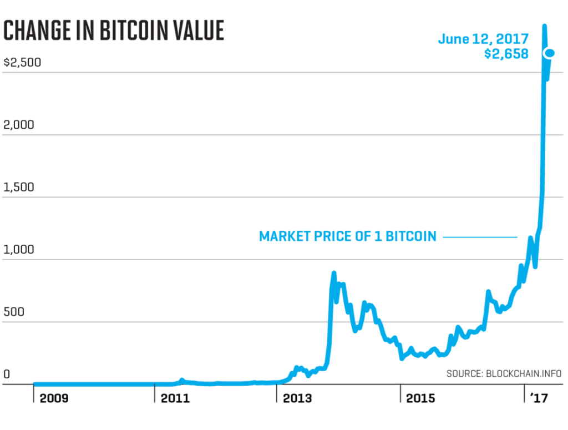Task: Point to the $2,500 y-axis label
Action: (x=22, y=62)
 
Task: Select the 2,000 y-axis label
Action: (x=19, y=125)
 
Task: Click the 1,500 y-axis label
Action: (x=19, y=187)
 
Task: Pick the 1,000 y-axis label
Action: (x=19, y=250)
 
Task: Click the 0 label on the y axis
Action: (x=7, y=374)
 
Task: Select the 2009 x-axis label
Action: (x=54, y=398)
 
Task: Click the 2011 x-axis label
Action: (x=175, y=398)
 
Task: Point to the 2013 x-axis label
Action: (x=298, y=398)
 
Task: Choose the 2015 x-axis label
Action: (x=422, y=398)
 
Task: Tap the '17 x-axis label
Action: (x=539, y=398)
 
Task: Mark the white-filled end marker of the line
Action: (x=550, y=53)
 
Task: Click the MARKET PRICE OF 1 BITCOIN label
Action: (x=348, y=237)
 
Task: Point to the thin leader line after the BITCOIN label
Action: (x=480, y=237)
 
